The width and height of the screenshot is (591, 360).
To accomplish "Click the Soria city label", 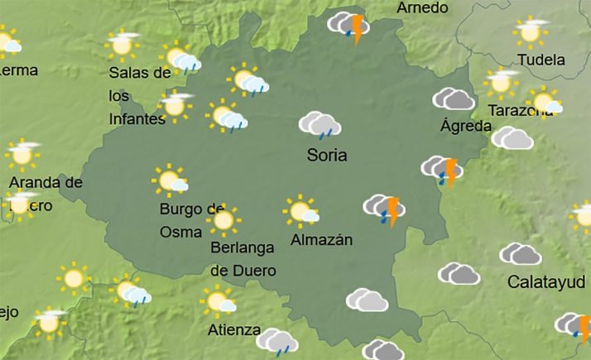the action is [x=327, y=155].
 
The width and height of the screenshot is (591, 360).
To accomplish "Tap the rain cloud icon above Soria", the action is [x=320, y=125].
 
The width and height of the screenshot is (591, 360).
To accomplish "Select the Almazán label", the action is [x=322, y=240].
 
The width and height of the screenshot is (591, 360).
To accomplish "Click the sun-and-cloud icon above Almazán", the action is [x=300, y=211].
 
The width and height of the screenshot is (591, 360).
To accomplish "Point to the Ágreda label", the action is [x=466, y=127].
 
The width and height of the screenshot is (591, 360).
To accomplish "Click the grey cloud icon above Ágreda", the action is [x=454, y=99].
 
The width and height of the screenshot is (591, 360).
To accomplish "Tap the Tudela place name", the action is [x=541, y=60].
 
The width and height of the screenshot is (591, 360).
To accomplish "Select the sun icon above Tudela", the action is [x=530, y=32].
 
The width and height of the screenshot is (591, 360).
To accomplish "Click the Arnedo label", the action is [x=422, y=8].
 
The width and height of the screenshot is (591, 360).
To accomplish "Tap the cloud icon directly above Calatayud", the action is [x=521, y=253].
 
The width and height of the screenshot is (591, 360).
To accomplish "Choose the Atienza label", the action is [x=234, y=329].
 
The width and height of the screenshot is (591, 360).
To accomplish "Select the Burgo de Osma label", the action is [x=192, y=217].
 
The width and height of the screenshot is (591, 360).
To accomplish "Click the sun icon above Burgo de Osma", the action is [x=170, y=180].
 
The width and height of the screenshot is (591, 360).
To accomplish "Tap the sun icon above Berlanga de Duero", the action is [x=222, y=220].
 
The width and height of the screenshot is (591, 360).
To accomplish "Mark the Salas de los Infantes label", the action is [x=138, y=94].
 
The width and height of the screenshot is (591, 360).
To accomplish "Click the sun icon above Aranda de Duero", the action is [x=22, y=154].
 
